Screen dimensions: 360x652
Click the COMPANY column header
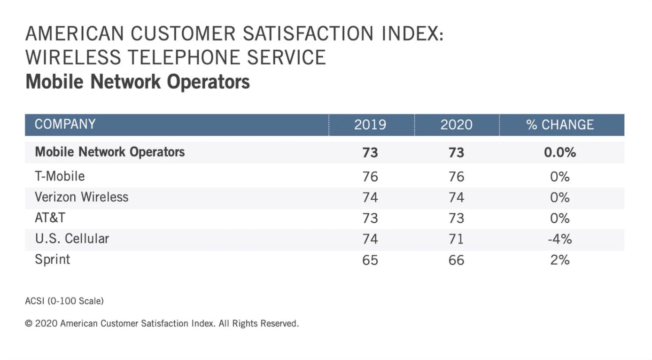coord(65,125)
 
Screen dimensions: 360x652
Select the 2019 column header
coord(370,125)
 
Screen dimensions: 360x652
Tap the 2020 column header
coord(456,125)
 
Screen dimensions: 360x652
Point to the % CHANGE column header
coord(560,125)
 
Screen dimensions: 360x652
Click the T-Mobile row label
coord(60,177)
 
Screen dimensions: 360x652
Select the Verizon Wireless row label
coord(81,197)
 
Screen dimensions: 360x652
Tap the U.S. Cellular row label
coord(72,239)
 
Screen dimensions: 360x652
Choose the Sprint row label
coord(52,259)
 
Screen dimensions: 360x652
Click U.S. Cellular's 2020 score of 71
coord(456,239)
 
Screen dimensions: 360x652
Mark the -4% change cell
coord(559,239)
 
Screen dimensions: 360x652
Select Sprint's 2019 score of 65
coord(370,260)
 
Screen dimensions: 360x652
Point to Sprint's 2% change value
coord(560,260)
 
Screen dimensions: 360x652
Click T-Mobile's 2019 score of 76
coord(370,177)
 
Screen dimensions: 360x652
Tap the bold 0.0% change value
coord(560,153)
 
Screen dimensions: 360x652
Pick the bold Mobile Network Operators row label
coord(109,152)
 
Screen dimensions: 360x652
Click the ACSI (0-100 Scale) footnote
coord(64,301)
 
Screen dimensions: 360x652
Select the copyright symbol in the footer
coord(28,324)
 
